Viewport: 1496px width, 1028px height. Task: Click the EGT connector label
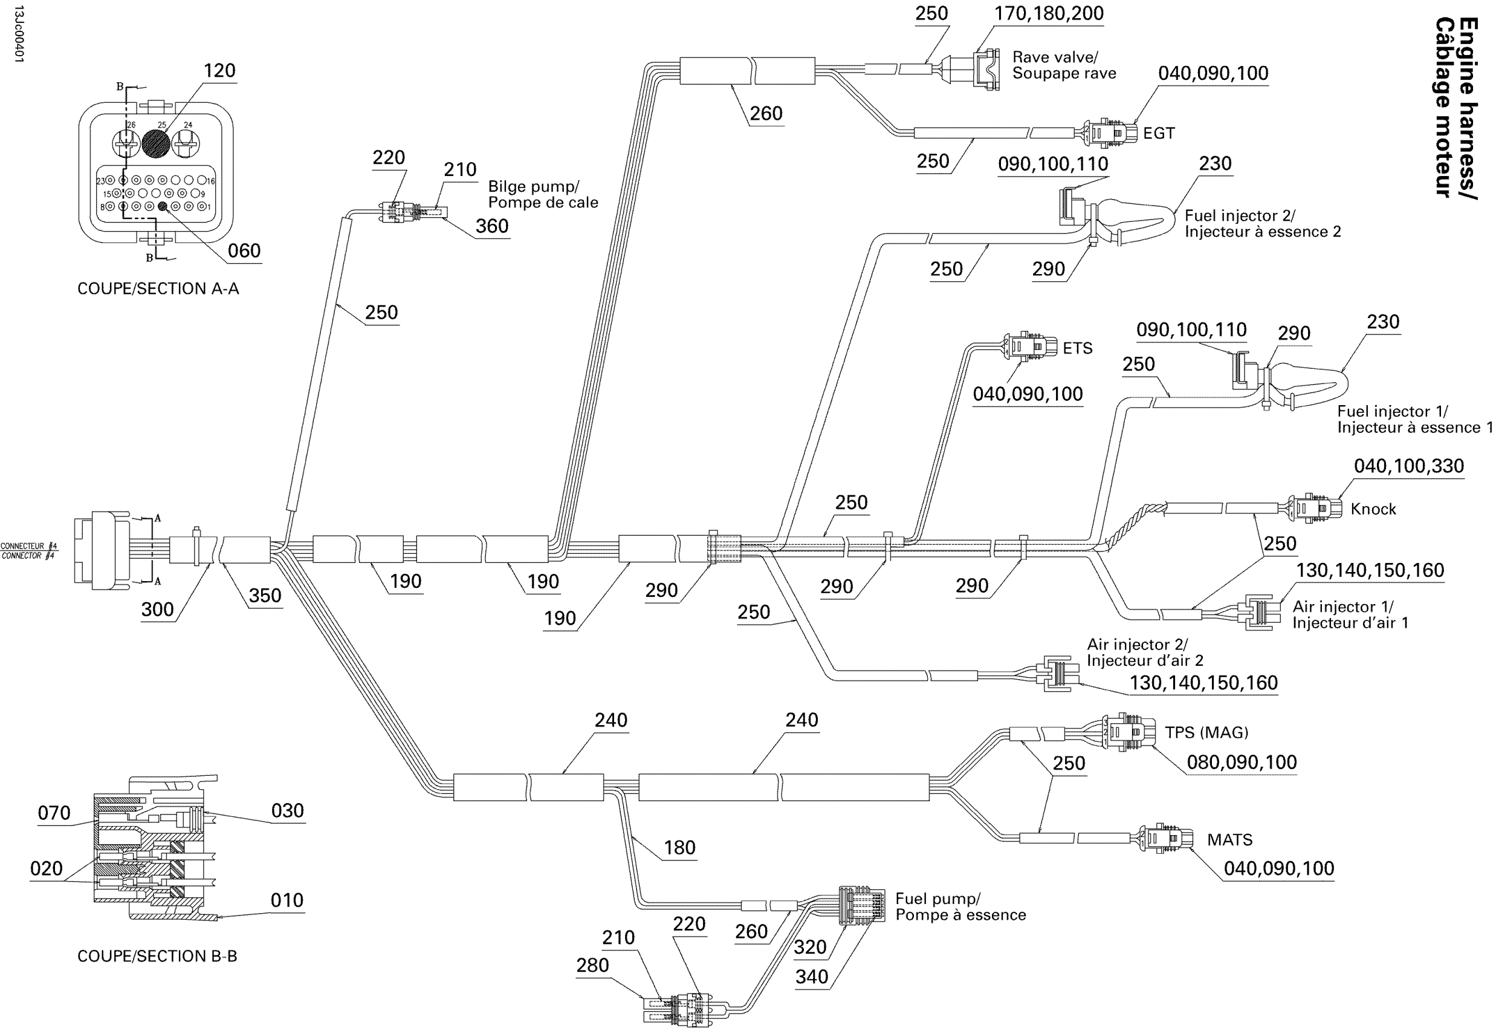pyautogui.click(x=1159, y=133)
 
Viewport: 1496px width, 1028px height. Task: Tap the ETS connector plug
pyautogui.click(x=1030, y=346)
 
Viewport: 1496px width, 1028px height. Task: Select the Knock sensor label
pyautogui.click(x=1373, y=509)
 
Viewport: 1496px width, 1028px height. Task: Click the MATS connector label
pyautogui.click(x=1229, y=840)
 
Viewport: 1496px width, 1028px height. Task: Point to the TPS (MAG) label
pyautogui.click(x=1206, y=732)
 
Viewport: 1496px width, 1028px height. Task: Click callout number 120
pyautogui.click(x=219, y=71)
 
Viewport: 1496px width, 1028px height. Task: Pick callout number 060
pyautogui.click(x=244, y=250)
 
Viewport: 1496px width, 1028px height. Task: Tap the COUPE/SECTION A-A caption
pyautogui.click(x=158, y=288)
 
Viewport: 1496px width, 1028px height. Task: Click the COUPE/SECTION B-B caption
pyautogui.click(x=157, y=956)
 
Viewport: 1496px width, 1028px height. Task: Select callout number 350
pyautogui.click(x=265, y=595)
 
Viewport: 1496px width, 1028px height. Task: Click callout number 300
pyautogui.click(x=157, y=610)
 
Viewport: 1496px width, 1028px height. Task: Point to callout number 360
pyautogui.click(x=492, y=226)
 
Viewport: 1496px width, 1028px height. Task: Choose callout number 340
pyautogui.click(x=812, y=977)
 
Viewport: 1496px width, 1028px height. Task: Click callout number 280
pyautogui.click(x=592, y=965)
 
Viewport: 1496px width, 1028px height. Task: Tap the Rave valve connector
pyautogui.click(x=985, y=69)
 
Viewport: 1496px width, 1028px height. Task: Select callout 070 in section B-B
pyautogui.click(x=54, y=813)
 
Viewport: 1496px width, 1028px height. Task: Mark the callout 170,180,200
pyautogui.click(x=1049, y=13)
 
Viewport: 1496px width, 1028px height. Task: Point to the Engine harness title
pyautogui.click(x=1456, y=108)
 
